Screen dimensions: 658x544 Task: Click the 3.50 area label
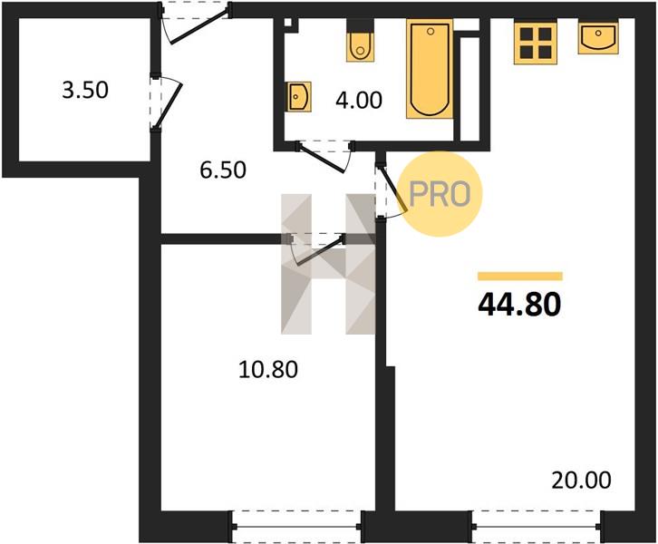pyautogui.click(x=85, y=90)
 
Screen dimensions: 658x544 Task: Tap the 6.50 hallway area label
pyautogui.click(x=223, y=170)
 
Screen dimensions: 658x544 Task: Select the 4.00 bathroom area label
pyautogui.click(x=359, y=101)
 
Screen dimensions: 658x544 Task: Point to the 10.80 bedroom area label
pyautogui.click(x=268, y=370)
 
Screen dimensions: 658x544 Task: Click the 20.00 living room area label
pyautogui.click(x=581, y=481)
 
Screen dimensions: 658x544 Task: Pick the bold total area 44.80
pyautogui.click(x=519, y=304)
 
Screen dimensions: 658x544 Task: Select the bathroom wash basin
pyautogui.click(x=299, y=97)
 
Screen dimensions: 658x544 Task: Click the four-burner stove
pyautogui.click(x=536, y=43)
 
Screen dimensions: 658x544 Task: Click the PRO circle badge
pyautogui.click(x=440, y=194)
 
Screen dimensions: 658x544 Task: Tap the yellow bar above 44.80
pyautogui.click(x=520, y=276)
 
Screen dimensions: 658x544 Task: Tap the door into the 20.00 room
pyautogui.click(x=390, y=189)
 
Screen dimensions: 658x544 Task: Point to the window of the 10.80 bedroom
pyautogui.click(x=296, y=527)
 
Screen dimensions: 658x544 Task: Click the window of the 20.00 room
pyautogui.click(x=536, y=527)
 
